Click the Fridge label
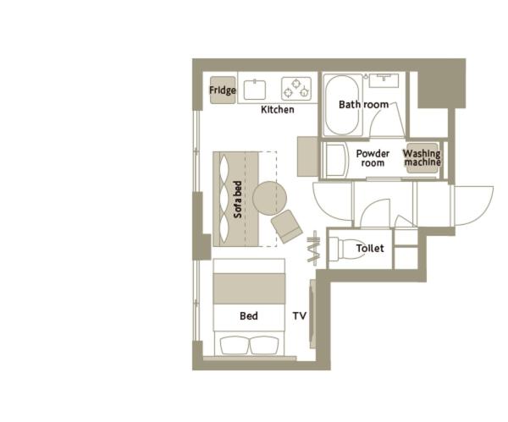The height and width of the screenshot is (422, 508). [x=223, y=90]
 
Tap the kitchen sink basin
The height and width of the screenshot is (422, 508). [x=255, y=90]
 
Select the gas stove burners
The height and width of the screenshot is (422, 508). [x=296, y=88]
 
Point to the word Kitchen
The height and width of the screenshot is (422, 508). [x=278, y=110]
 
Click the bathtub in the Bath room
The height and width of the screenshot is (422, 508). [x=342, y=105]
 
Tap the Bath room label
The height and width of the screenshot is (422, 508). [x=363, y=105]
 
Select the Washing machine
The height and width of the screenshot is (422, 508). [x=422, y=158]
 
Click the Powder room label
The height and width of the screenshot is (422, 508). [x=373, y=158]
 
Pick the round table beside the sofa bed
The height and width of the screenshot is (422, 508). [x=269, y=199]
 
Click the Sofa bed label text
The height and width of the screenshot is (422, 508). [x=238, y=200]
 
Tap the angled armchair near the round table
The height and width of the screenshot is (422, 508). [x=287, y=226]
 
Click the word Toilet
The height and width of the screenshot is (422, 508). [x=370, y=249]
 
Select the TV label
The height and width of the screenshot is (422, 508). [x=300, y=315]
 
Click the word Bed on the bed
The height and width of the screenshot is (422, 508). [x=249, y=315]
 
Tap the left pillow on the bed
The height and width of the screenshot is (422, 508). [x=235, y=345]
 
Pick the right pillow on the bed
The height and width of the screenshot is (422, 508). [x=264, y=345]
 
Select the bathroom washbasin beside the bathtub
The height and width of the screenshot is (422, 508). [x=384, y=80]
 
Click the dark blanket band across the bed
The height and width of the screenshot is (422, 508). [x=249, y=288]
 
